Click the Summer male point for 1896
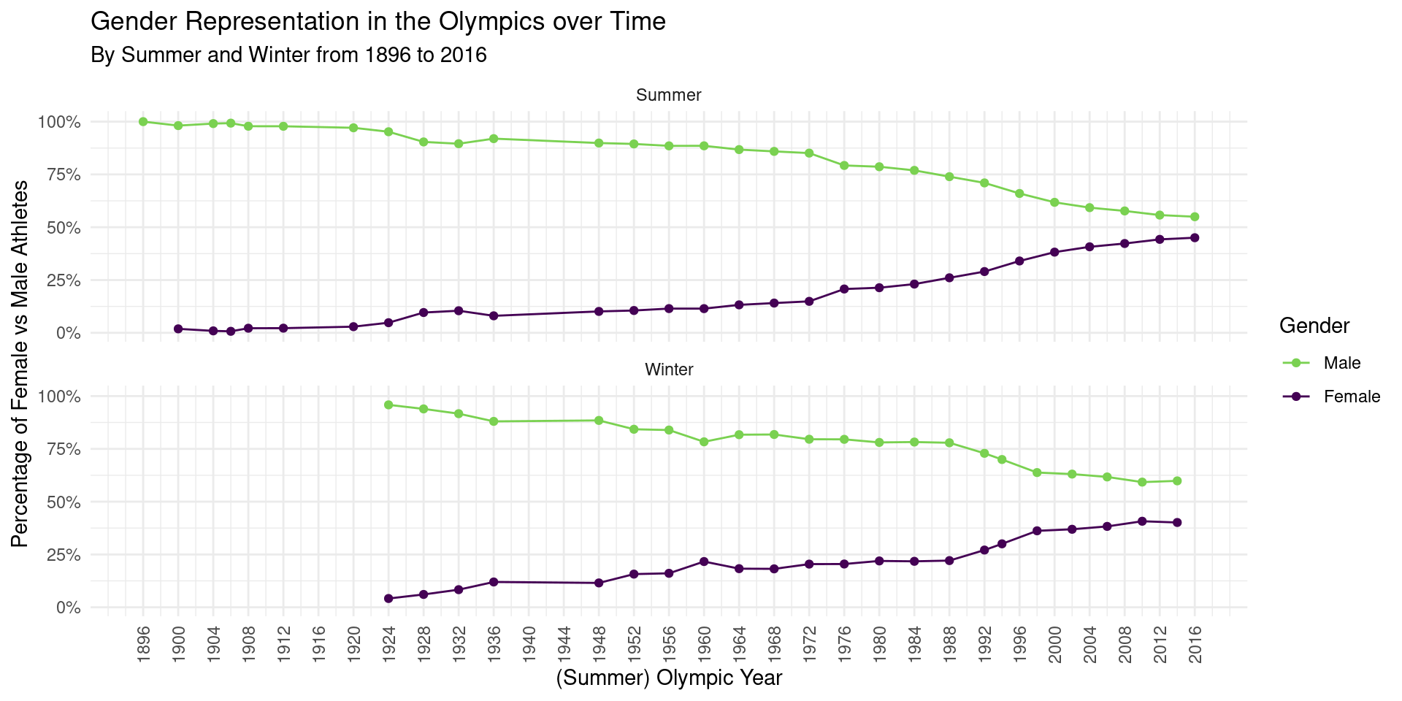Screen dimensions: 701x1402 pyautogui.click(x=143, y=122)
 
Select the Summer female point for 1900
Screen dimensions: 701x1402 pyautogui.click(x=178, y=329)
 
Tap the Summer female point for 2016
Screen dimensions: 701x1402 pyautogui.click(x=1195, y=237)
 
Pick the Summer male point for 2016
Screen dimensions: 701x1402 pyautogui.click(x=1195, y=217)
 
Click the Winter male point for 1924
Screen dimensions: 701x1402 pyautogui.click(x=388, y=405)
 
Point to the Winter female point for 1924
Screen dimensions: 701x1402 pyautogui.click(x=388, y=599)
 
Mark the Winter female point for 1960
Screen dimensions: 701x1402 pyautogui.click(x=704, y=562)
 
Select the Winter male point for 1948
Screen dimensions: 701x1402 pyautogui.click(x=599, y=421)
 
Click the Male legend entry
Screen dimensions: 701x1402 pyautogui.click(x=1341, y=363)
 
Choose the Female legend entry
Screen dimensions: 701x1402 pyautogui.click(x=1351, y=397)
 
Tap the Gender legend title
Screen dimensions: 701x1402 pyautogui.click(x=1314, y=326)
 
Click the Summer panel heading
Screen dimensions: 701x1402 pyautogui.click(x=669, y=95)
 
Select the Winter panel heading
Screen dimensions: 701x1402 pyautogui.click(x=669, y=369)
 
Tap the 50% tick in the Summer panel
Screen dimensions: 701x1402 pyautogui.click(x=64, y=228)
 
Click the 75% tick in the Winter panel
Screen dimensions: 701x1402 pyautogui.click(x=64, y=449)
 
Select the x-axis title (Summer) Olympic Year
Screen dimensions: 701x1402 pyautogui.click(x=669, y=678)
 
